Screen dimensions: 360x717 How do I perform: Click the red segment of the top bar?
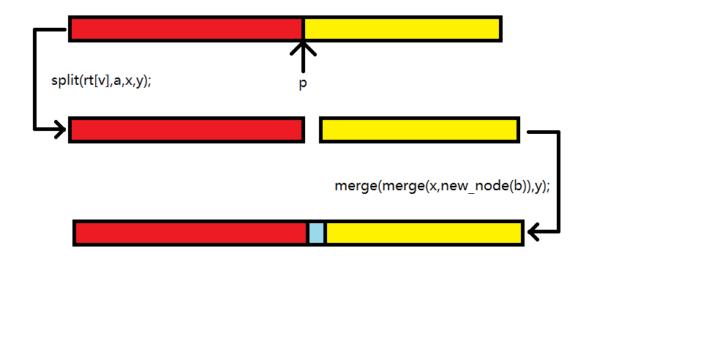pos(187,29)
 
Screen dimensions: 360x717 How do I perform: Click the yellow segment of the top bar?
pos(402,29)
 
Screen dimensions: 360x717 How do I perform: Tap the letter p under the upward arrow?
pos(303,84)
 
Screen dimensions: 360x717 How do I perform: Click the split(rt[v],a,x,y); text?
pos(101,81)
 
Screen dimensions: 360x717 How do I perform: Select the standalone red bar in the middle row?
pos(187,130)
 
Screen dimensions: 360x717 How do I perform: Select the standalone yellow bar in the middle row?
pos(419,130)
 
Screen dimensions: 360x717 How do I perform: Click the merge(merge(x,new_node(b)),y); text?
pos(442,186)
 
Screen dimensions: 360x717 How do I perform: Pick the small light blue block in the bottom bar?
pos(316,233)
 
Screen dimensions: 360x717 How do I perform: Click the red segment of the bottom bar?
pos(191,233)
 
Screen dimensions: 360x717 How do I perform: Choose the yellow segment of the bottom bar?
pos(423,233)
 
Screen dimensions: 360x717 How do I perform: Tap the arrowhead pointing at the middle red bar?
pos(60,130)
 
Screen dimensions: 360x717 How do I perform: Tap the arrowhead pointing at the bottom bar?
pos(534,233)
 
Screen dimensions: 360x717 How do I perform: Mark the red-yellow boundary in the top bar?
pos(304,29)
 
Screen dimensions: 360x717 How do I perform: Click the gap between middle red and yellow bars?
pos(312,130)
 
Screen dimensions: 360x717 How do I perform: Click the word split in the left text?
pos(64,81)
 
